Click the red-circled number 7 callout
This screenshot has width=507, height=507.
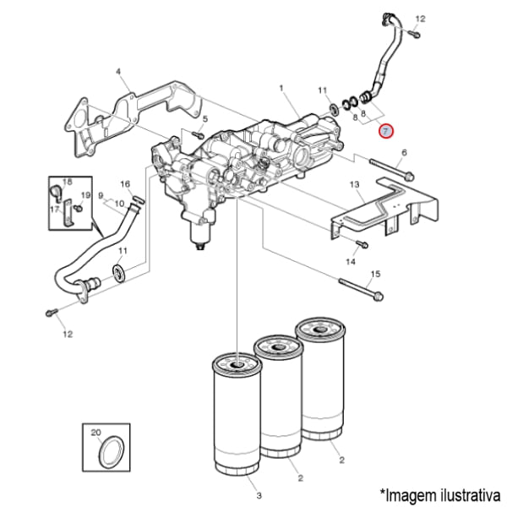[385, 131]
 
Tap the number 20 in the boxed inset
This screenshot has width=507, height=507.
[95, 433]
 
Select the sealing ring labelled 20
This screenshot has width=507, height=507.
[112, 452]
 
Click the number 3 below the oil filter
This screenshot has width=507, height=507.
[259, 495]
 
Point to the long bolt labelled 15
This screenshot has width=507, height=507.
[361, 289]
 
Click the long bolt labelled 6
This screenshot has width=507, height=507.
[391, 169]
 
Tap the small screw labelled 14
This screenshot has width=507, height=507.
[363, 244]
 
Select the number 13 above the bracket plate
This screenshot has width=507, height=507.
[354, 184]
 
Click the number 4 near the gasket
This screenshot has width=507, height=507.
[118, 71]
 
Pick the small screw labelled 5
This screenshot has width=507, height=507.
[197, 134]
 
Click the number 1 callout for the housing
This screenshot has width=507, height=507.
[281, 88]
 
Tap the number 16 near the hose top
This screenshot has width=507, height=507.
[125, 184]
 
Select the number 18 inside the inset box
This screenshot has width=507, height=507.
[68, 182]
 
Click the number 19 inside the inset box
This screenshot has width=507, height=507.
[85, 195]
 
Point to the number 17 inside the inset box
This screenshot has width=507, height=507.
[55, 210]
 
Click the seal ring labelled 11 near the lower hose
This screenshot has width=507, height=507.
[120, 273]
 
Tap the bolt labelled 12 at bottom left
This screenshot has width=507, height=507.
[52, 313]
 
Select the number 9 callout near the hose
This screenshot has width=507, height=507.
[101, 196]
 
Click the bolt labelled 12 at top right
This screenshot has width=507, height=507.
[413, 33]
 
